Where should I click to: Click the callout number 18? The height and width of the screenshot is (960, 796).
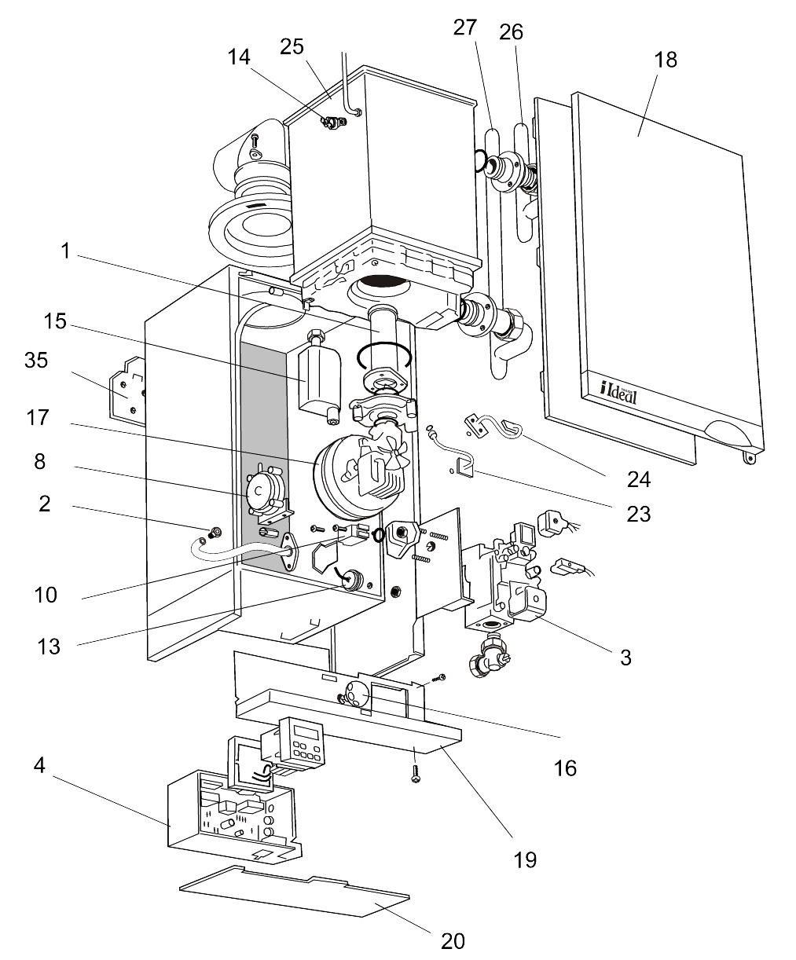tap(666, 60)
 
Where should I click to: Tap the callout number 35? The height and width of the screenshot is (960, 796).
tap(36, 361)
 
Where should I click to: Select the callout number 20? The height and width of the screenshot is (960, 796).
tap(453, 940)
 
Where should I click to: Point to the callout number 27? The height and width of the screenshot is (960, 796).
tap(464, 27)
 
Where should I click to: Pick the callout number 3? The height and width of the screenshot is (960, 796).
tap(625, 658)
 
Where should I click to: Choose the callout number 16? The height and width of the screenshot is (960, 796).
tap(565, 768)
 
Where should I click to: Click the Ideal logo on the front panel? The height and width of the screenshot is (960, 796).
tap(618, 390)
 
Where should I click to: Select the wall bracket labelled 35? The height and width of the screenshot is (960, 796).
tap(128, 390)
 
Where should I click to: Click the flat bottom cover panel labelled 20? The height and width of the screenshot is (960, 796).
tap(299, 892)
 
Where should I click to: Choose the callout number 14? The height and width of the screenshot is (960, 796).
tap(239, 57)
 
